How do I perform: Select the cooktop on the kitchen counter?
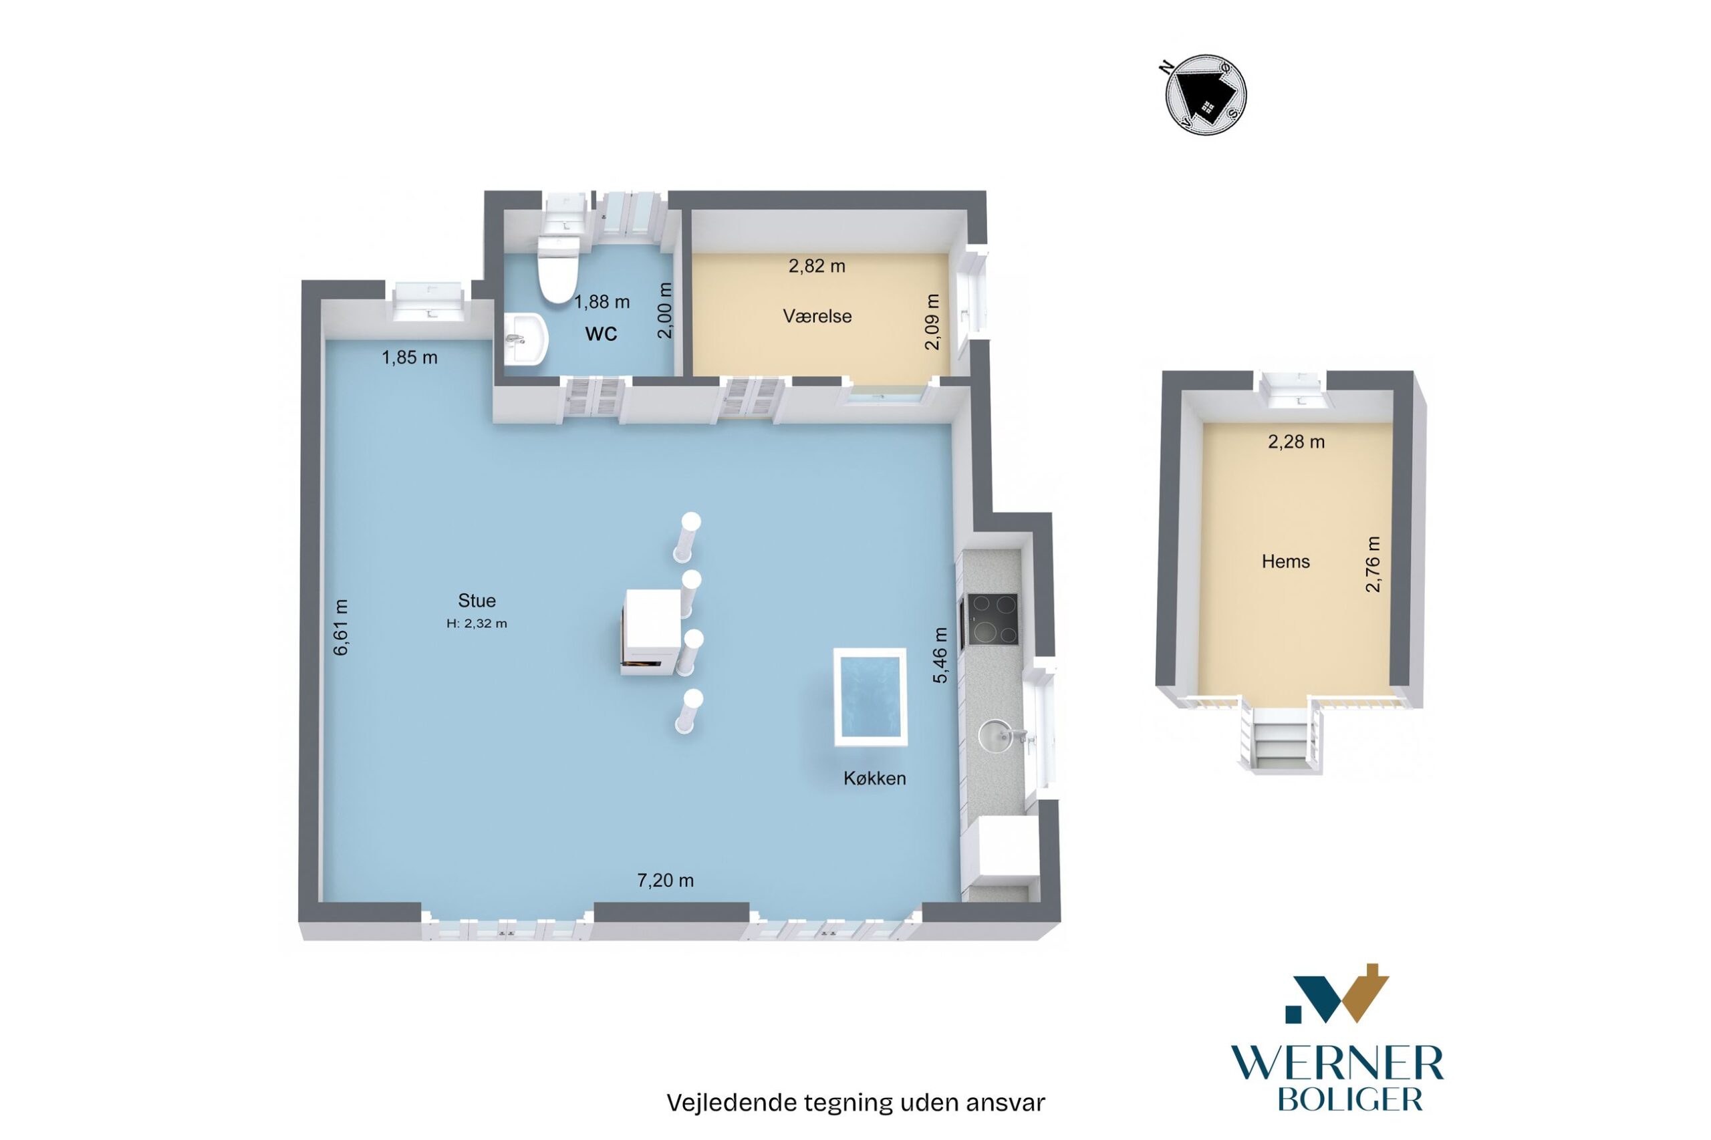[991, 619]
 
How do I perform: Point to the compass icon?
[1205, 94]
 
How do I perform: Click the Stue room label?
[477, 601]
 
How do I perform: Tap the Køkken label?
[874, 778]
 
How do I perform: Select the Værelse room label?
[817, 316]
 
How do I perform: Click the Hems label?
[1286, 561]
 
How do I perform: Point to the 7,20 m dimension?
[665, 881]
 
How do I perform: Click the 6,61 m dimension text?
[340, 627]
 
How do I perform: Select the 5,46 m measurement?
[940, 655]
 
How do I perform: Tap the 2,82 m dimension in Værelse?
[817, 266]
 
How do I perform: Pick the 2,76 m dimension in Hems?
[1372, 564]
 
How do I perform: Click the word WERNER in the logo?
[1337, 1064]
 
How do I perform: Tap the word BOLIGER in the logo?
[1349, 1099]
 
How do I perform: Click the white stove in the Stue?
[652, 631]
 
